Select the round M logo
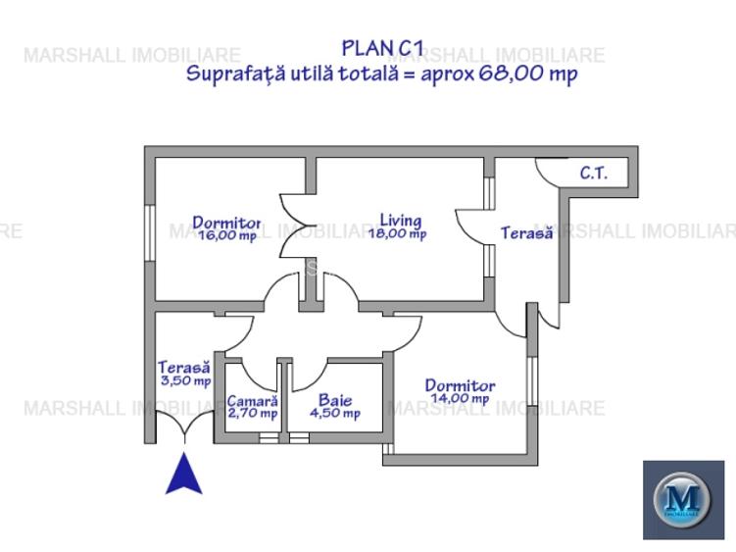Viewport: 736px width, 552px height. pos(682,499)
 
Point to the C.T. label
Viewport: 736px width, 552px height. pos(593,174)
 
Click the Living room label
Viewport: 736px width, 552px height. pos(401,220)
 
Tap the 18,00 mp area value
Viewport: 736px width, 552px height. pos(397,234)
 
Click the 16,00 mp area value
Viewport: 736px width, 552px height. pos(226,236)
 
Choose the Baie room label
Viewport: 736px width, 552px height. pos(334,400)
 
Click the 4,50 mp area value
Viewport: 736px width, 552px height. pos(334,414)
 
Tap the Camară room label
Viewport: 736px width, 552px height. pos(252,400)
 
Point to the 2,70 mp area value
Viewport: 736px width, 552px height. pos(252,414)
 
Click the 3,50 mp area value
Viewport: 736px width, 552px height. pos(185,380)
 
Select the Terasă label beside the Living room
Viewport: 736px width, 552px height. pos(526,233)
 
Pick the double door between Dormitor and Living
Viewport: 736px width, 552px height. pos(294,225)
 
